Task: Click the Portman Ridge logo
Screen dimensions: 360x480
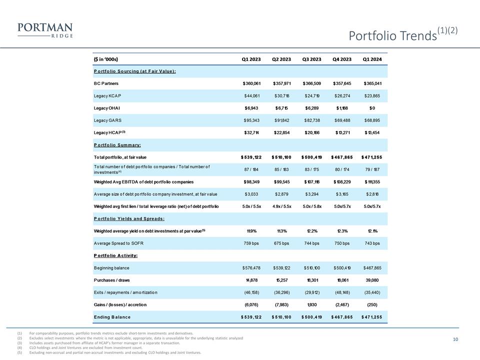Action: [x=45, y=30]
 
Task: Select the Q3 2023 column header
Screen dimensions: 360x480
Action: [x=312, y=59]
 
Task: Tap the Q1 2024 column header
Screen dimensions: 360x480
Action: [x=371, y=59]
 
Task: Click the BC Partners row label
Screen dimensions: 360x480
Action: [x=106, y=83]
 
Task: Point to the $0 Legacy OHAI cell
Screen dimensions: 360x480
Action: [x=371, y=108]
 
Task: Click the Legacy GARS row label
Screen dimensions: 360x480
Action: [x=107, y=120]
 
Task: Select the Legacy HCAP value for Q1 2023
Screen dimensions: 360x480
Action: [x=251, y=132]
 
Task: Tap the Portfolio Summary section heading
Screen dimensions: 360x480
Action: [x=117, y=145]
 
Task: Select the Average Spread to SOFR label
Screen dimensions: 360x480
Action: [x=118, y=243]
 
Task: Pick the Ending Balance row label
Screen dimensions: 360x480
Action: [x=112, y=317]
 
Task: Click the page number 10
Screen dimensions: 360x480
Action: [x=455, y=340]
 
